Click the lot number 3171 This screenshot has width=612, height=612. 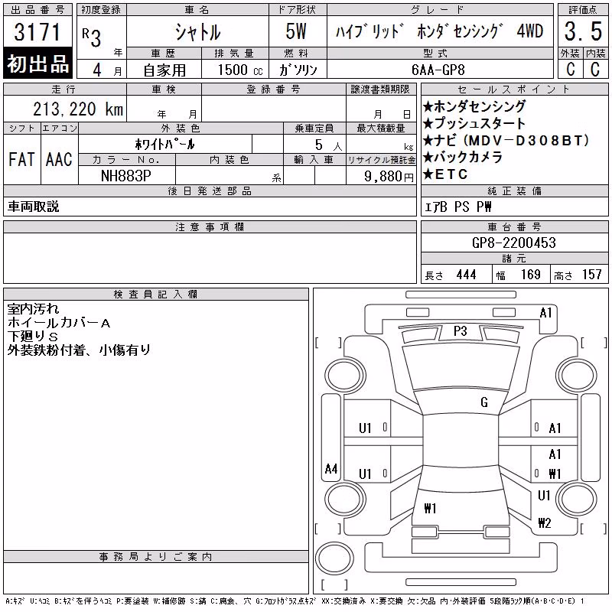click(37, 31)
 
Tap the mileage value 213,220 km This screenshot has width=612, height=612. click(78, 109)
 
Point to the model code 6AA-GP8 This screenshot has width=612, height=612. click(438, 70)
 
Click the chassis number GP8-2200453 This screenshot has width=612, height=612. click(513, 243)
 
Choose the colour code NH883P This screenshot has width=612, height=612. click(126, 176)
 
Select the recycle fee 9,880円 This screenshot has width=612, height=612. click(389, 177)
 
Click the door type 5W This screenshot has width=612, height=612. click(296, 31)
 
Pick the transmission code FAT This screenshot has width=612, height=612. click(21, 159)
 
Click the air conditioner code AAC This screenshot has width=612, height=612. click(59, 159)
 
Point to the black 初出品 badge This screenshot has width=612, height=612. click(37, 63)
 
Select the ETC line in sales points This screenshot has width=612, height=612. click(445, 174)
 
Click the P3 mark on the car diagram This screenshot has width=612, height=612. click(461, 331)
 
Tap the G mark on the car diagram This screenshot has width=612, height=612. click(484, 402)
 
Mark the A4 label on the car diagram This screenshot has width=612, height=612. click(331, 468)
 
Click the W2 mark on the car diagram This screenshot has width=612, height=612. click(545, 522)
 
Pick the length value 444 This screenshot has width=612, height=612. click(466, 275)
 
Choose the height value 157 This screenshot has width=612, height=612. click(591, 275)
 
